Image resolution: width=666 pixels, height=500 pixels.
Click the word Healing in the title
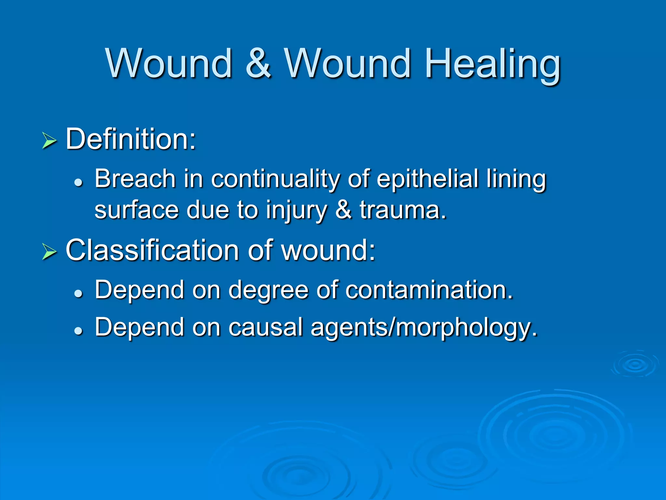coord(492,64)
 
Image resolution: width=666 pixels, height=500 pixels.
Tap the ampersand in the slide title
coord(258,64)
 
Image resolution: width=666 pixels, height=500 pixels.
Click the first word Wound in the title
coord(169,64)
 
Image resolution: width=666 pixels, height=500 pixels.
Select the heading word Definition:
coord(131,139)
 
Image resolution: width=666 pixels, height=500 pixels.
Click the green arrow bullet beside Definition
coord(49,141)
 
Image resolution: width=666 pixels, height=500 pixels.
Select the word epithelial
coord(427,179)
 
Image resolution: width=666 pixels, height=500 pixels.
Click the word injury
coord(296,211)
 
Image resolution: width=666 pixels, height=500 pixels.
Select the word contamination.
coord(429,290)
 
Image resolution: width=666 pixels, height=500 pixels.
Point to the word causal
coord(265,327)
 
